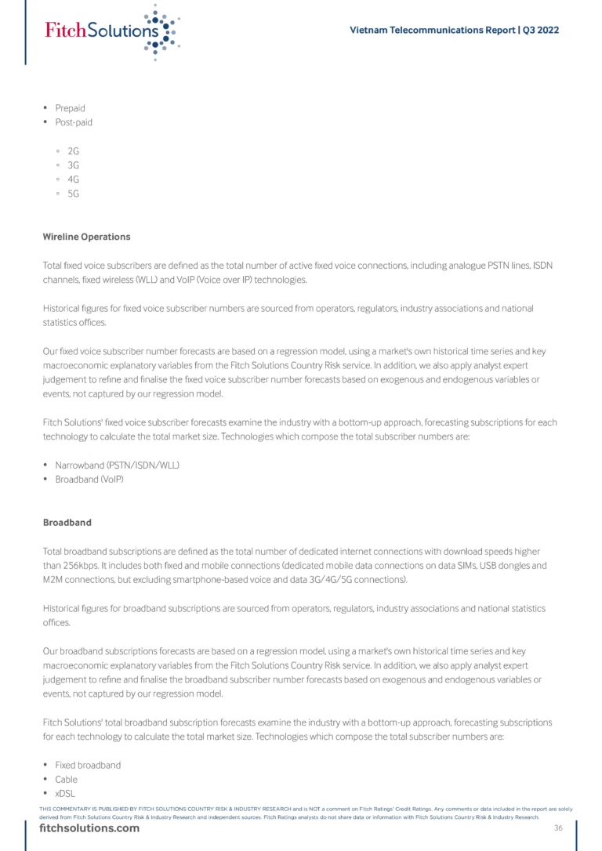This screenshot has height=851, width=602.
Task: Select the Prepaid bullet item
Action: (x=70, y=108)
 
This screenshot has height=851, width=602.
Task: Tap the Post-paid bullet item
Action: (x=74, y=122)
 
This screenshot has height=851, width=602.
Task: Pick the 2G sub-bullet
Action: (x=74, y=150)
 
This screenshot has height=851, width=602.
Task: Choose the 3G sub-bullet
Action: (x=74, y=165)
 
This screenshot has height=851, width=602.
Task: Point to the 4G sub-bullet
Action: (x=74, y=179)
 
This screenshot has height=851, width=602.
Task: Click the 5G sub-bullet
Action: (x=74, y=194)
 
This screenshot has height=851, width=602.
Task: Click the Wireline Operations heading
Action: (x=86, y=237)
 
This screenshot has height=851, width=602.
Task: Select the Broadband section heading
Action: (x=67, y=522)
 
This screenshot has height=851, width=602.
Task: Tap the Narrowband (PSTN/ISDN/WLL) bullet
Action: (x=117, y=465)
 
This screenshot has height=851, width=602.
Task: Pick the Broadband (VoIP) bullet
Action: (x=89, y=480)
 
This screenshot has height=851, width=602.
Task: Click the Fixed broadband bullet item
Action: (x=88, y=765)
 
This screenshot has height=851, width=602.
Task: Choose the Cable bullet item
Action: (x=66, y=780)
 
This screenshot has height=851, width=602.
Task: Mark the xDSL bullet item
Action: (x=66, y=794)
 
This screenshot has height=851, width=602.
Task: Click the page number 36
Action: (x=558, y=828)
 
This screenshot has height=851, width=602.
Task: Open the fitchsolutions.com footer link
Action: (x=89, y=828)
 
